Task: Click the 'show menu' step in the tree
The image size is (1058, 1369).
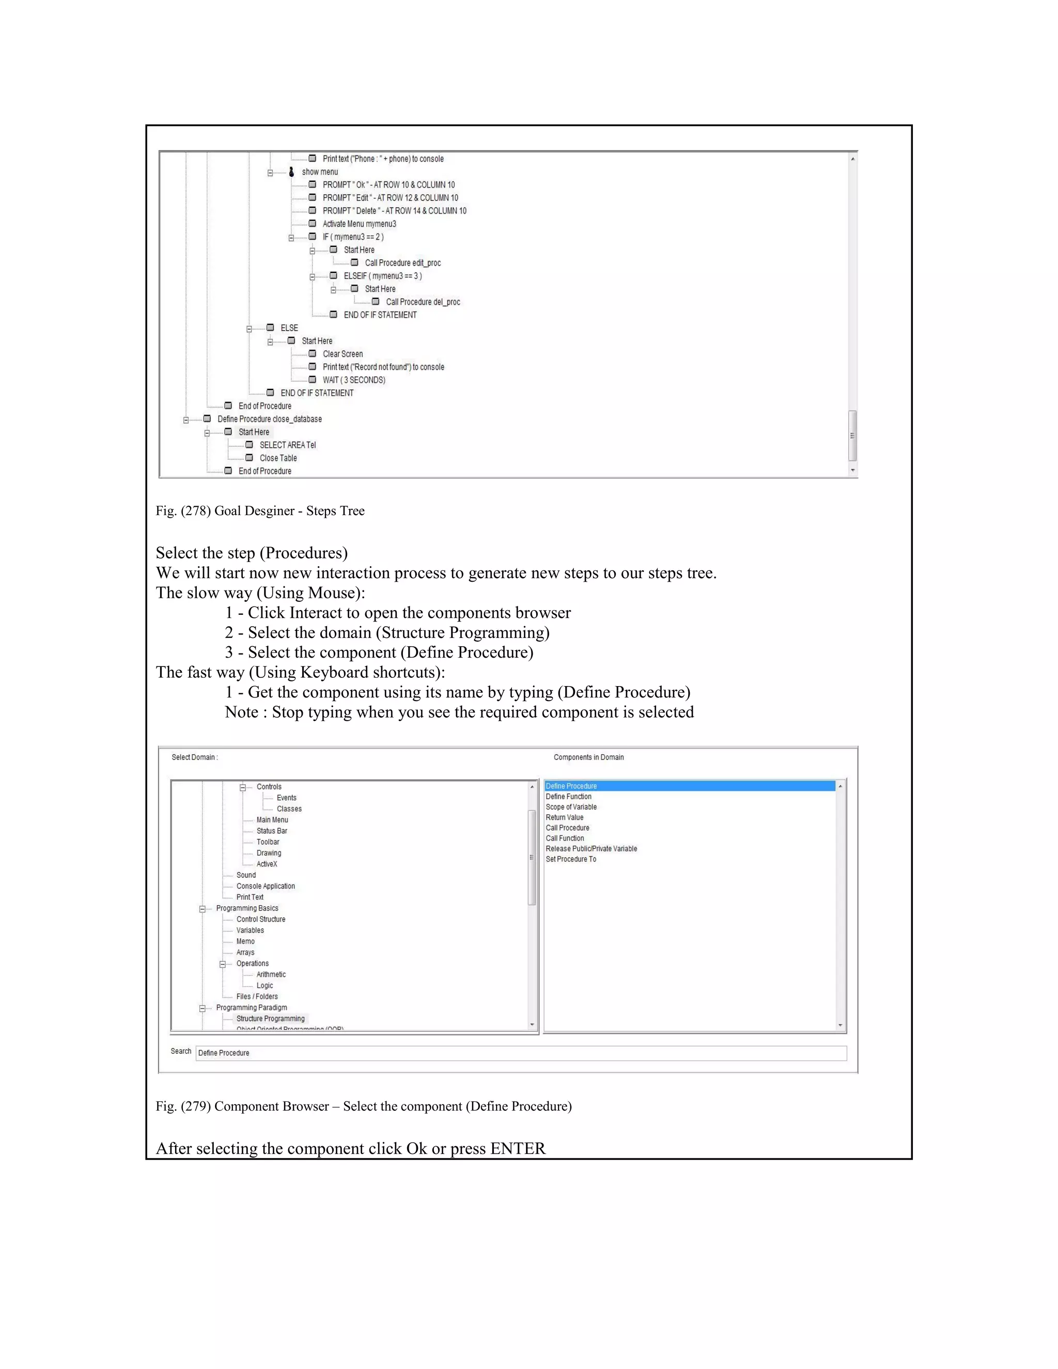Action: pos(320,172)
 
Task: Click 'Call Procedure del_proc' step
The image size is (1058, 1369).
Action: pos(423,302)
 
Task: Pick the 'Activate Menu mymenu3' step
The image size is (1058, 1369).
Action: pos(359,224)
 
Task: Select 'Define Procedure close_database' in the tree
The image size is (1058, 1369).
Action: pos(270,419)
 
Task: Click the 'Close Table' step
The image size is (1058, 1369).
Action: pos(278,458)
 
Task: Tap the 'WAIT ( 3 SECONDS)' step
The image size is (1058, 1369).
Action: pos(353,380)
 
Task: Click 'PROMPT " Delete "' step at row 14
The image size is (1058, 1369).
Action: pos(394,211)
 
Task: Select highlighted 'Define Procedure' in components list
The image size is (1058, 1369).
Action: pos(571,786)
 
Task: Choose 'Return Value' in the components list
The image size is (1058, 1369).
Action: pos(564,817)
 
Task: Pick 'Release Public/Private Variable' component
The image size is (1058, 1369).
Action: pos(591,849)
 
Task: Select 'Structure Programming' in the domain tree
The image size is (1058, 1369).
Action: pos(270,1019)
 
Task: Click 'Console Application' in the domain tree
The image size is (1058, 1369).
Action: pos(265,886)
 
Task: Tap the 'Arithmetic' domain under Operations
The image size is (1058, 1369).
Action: pos(271,975)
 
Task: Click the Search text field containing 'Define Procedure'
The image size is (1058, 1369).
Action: pos(520,1053)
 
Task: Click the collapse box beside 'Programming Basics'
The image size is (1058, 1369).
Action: pos(203,909)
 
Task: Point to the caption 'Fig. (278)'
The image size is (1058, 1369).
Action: pos(182,511)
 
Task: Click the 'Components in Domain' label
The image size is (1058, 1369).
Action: pos(588,757)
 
